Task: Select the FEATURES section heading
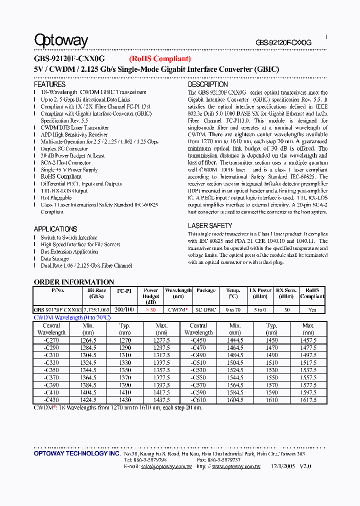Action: tap(49, 84)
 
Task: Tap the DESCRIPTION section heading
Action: tap(208, 84)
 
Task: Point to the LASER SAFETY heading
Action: tap(210, 226)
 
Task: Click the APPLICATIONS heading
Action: tap(55, 229)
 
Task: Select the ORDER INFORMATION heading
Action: tap(73, 282)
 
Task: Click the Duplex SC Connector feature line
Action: tap(64, 149)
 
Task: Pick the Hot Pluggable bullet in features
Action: tap(56, 198)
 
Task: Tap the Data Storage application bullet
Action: tap(54, 259)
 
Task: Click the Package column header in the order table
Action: tap(206, 290)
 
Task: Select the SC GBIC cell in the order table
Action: tap(206, 310)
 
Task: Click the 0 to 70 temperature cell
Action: tap(233, 310)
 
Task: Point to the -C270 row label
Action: tap(51, 340)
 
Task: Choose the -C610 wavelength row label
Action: tap(198, 400)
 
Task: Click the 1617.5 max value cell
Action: tap(308, 400)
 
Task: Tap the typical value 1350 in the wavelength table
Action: tap(124, 370)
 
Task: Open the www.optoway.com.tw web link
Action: tap(236, 466)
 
